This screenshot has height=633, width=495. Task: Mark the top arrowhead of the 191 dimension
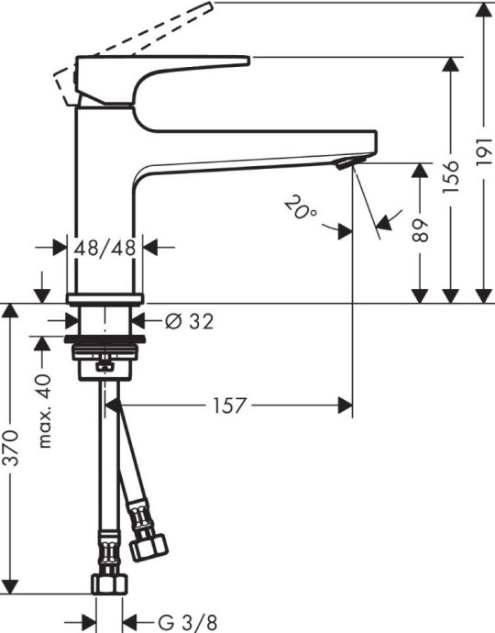point(483,11)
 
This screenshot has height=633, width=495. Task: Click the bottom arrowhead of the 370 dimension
point(12,585)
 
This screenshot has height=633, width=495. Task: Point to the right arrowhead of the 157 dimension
point(346,405)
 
